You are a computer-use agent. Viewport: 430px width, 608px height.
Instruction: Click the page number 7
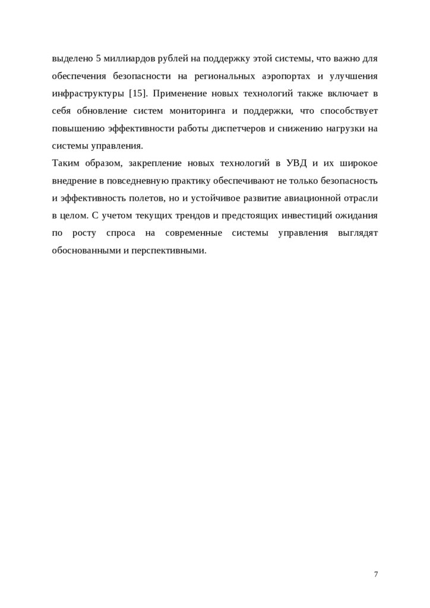376,574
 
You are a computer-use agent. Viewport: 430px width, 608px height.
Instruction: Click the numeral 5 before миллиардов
98,59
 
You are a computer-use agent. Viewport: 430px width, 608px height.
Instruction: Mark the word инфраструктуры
87,94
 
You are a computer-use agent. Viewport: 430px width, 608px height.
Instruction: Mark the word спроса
116,232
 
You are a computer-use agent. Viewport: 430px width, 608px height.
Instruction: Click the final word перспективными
169,249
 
